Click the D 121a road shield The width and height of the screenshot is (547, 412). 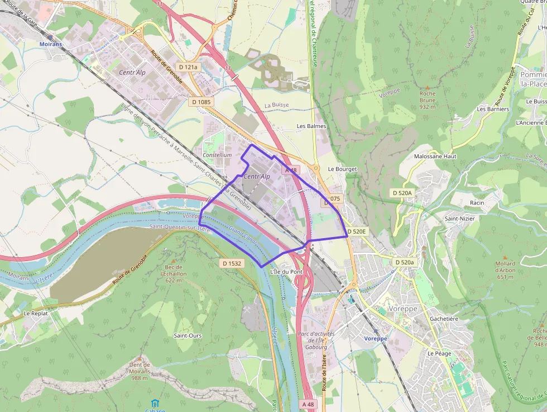pyautogui.click(x=188, y=67)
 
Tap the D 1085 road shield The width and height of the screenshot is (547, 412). pyautogui.click(x=201, y=102)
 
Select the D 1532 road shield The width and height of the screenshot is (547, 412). pyautogui.click(x=232, y=263)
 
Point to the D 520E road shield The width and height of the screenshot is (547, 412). pyautogui.click(x=357, y=231)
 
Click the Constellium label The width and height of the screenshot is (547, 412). pyautogui.click(x=217, y=155)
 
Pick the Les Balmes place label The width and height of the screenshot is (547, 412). pyautogui.click(x=311, y=126)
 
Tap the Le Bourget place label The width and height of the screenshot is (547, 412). pyautogui.click(x=342, y=169)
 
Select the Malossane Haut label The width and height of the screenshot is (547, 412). pyautogui.click(x=435, y=157)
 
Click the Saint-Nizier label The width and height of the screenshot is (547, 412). pyautogui.click(x=459, y=219)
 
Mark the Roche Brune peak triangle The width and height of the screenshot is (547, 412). pyautogui.click(x=428, y=88)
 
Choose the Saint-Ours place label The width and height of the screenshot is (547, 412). pyautogui.click(x=188, y=335)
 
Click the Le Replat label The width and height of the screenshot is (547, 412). pyautogui.click(x=36, y=314)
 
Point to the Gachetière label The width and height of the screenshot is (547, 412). pyautogui.click(x=444, y=319)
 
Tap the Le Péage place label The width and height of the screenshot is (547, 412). pyautogui.click(x=439, y=354)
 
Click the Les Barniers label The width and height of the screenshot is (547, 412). pyautogui.click(x=493, y=109)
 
